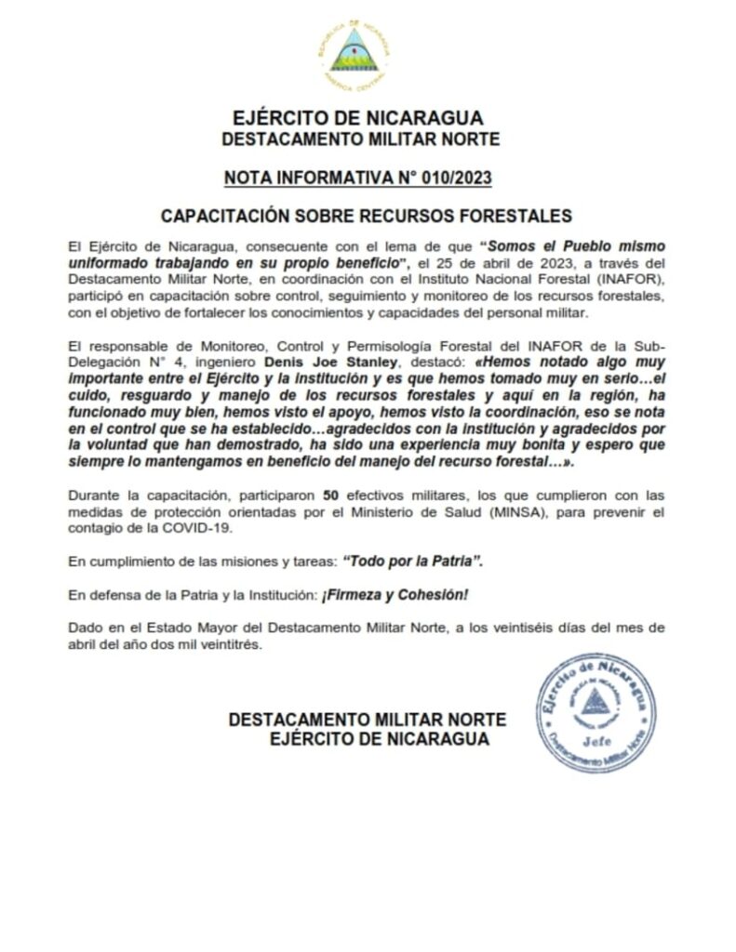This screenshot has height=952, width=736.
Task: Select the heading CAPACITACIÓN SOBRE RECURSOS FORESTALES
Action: tap(367, 216)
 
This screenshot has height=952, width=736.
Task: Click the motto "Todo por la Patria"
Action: tap(413, 562)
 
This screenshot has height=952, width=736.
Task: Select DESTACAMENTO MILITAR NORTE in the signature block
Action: tap(367, 720)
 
